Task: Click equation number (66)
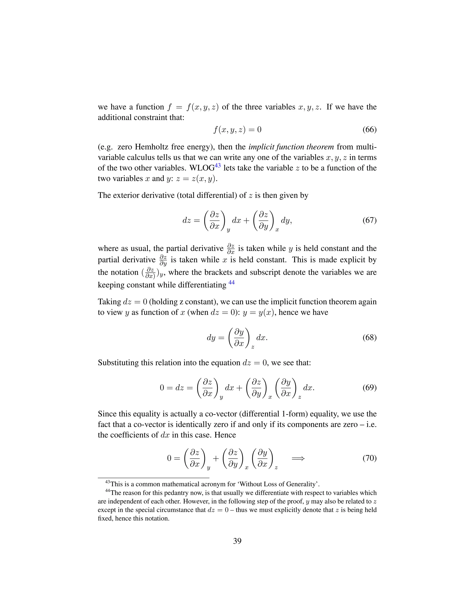pyautogui.click(x=369, y=130)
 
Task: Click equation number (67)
pyautogui.click(x=369, y=220)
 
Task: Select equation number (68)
pyautogui.click(x=369, y=338)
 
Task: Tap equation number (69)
pyautogui.click(x=369, y=388)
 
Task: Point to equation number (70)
pyautogui.click(x=369, y=458)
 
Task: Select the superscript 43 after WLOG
pyautogui.click(x=218, y=166)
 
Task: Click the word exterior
pyautogui.click(x=126, y=195)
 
